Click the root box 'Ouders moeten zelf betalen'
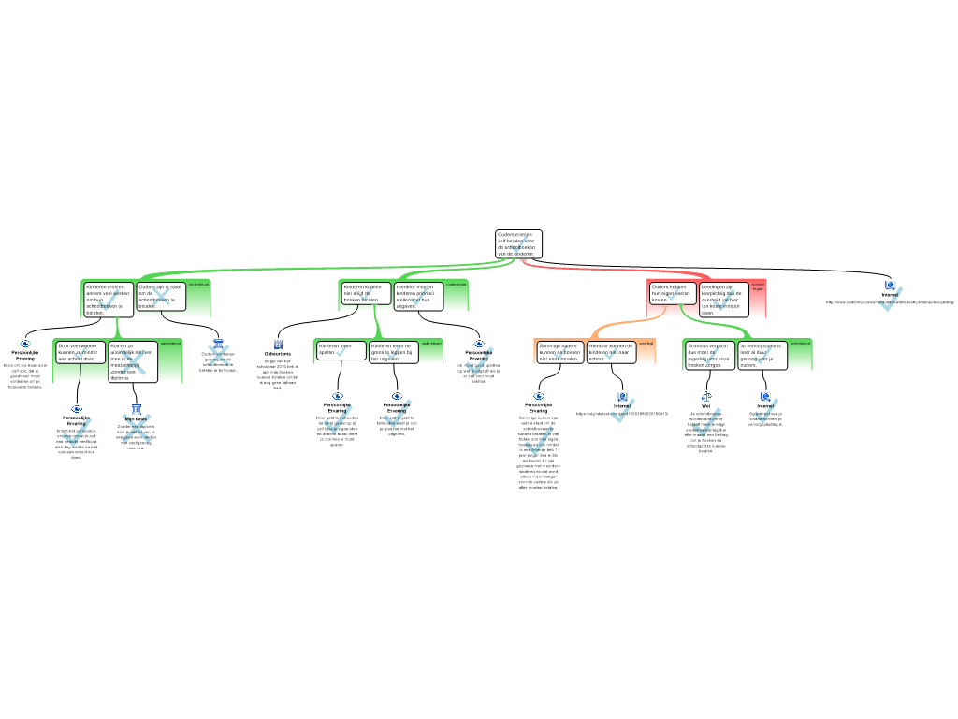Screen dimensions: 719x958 (518, 244)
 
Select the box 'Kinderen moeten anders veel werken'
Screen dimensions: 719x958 (109, 299)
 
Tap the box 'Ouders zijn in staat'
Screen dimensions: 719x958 (161, 296)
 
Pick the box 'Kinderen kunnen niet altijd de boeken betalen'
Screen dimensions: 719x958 (365, 293)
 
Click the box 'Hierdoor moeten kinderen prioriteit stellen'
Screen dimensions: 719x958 (418, 296)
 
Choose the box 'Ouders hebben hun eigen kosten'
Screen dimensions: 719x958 (673, 292)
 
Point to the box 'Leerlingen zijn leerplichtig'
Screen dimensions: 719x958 (723, 300)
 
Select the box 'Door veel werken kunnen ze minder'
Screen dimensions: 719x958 (80, 352)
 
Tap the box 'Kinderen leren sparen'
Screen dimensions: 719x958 (341, 350)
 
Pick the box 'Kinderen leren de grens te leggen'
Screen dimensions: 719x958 (394, 352)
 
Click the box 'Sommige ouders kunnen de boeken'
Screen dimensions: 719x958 (559, 352)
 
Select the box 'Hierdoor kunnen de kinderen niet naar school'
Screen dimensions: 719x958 (612, 352)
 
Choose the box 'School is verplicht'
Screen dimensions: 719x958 (710, 355)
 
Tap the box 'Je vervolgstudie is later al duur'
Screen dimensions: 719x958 (762, 355)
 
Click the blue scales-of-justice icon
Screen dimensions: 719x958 (705, 396)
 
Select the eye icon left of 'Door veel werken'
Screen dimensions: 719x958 (25, 344)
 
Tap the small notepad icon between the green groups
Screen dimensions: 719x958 (278, 345)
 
